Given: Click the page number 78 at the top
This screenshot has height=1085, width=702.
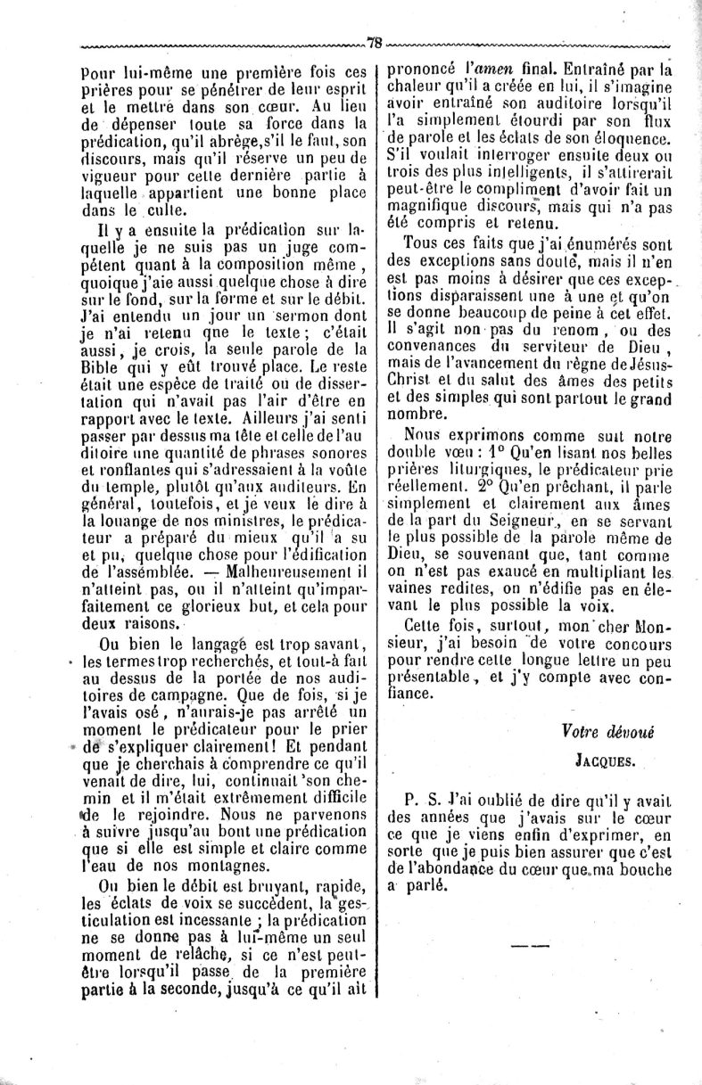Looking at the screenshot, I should (x=374, y=41).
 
